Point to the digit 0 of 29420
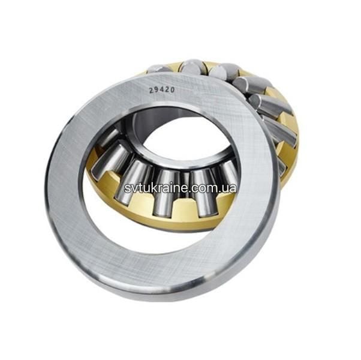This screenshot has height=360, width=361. point(172,89)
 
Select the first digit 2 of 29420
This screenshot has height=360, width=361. point(151,91)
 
